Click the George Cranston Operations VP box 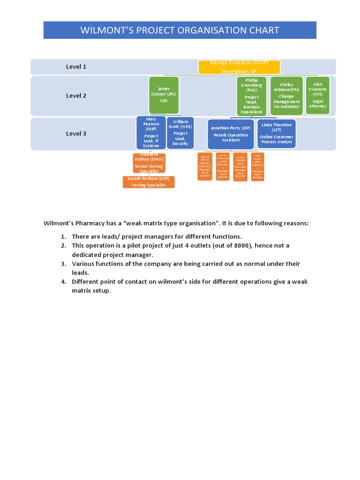[239, 67]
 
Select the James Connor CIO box [164, 95]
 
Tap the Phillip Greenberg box [252, 96]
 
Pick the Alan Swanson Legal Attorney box [317, 96]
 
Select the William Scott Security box [180, 134]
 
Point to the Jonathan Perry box [231, 134]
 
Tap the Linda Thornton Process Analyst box [277, 134]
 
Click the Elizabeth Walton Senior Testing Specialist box [149, 163]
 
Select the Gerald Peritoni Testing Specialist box [149, 182]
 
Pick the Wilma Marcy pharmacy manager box [205, 167]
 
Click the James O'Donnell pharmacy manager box [223, 167]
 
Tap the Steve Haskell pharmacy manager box [240, 167]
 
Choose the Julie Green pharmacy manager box [257, 167]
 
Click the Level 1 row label [76, 67]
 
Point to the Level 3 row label [76, 134]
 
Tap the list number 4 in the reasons [63, 282]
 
